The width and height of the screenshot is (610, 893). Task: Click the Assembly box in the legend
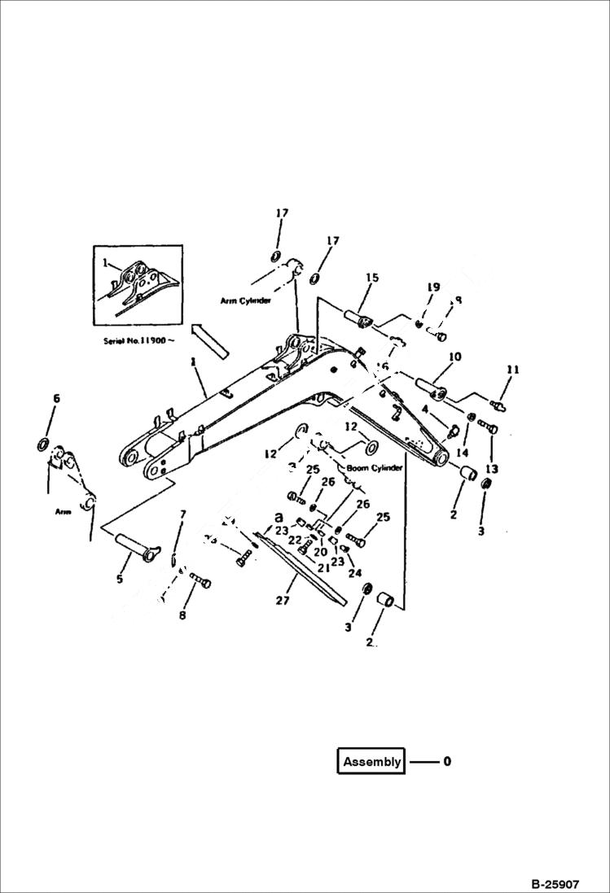click(371, 762)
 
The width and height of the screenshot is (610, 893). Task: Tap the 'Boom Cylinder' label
click(375, 468)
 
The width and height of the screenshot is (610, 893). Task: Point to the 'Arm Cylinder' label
click(245, 300)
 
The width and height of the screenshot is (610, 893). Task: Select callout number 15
click(371, 278)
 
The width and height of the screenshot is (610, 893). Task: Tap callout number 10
click(454, 357)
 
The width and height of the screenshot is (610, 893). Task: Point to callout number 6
click(56, 398)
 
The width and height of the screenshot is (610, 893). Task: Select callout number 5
click(120, 579)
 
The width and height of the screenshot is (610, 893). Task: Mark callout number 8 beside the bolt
click(182, 615)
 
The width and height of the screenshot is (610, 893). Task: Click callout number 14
click(463, 452)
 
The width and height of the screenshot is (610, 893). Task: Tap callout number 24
click(353, 572)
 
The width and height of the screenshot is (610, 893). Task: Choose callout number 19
click(433, 287)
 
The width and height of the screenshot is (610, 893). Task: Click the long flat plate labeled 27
click(301, 570)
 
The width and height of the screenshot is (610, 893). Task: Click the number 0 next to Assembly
click(446, 762)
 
